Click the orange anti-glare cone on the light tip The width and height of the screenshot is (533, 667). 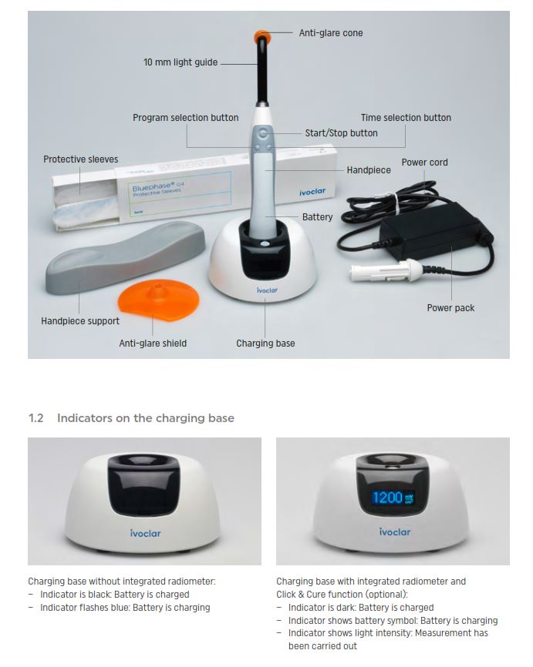click(261, 36)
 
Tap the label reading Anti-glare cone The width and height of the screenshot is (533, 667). click(331, 33)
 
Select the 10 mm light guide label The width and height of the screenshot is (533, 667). click(180, 62)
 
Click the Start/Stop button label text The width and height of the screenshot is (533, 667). click(341, 133)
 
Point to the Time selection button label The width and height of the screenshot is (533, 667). click(406, 118)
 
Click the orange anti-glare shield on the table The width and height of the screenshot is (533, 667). click(158, 300)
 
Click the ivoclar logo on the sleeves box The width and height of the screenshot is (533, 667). click(312, 193)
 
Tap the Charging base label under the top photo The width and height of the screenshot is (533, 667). click(265, 344)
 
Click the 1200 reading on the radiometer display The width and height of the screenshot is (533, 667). click(387, 498)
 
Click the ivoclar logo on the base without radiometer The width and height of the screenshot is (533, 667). click(145, 534)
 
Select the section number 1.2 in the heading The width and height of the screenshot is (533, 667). click(35, 418)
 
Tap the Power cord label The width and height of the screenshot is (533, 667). click(424, 163)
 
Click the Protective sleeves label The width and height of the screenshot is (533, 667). click(80, 159)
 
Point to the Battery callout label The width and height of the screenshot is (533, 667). click(318, 217)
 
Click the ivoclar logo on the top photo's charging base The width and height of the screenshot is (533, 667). click(267, 290)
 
